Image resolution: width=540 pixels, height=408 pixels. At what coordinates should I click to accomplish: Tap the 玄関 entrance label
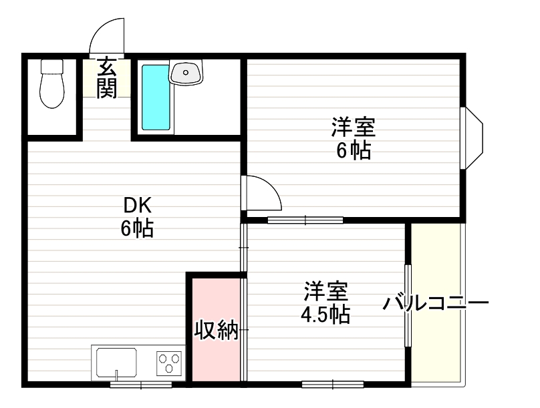coord(106,78)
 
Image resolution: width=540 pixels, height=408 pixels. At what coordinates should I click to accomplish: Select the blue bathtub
coord(156,97)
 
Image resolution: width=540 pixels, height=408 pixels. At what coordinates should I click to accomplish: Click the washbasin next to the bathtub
coord(186,71)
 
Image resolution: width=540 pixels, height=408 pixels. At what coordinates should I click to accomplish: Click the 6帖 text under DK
coord(136,229)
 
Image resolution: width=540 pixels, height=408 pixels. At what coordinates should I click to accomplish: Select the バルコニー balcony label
coord(436,304)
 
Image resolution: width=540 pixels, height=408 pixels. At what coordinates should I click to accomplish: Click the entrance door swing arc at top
coord(107,35)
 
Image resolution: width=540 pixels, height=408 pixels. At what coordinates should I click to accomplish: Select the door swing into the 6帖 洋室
coord(261,194)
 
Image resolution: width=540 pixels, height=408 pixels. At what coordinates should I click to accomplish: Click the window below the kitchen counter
coord(140,385)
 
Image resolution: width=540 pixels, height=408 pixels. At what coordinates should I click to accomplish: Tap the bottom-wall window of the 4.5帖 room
coord(332,385)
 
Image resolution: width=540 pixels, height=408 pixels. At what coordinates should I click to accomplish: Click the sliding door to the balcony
coord(408,305)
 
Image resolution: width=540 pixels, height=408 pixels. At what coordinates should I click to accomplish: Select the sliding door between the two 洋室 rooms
coord(305,219)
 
